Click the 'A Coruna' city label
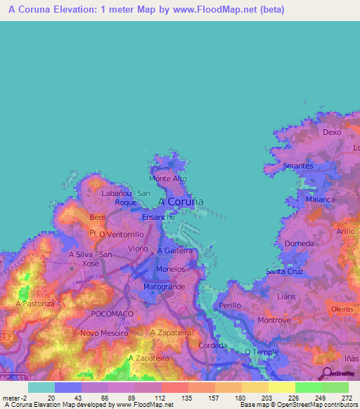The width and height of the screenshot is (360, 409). pos(181,202)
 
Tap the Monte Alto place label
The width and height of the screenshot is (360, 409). pos(169,179)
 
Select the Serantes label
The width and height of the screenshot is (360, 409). pos(297,166)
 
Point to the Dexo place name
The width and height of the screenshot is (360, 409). pos(331,131)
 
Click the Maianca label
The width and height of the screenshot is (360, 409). pos(321,200)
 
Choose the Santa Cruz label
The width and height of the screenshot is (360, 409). pos(285,271)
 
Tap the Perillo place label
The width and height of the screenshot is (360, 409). pos(230,306)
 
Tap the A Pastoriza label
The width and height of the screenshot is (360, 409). pos(35,304)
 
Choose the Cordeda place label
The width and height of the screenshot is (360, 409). pos(212,345)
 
